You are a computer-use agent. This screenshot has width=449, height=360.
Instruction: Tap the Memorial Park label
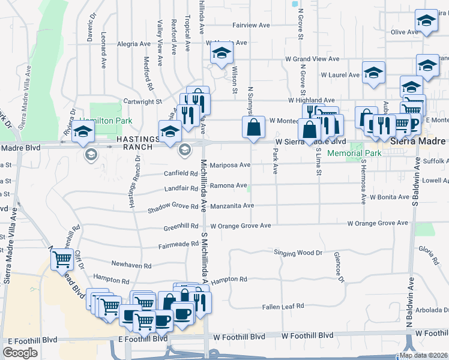pos(355,153)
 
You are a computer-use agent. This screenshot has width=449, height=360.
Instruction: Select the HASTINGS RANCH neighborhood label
pos(137,144)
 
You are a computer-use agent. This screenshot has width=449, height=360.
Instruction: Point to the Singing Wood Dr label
pos(298,253)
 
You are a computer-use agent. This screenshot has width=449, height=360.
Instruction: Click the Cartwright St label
pos(143,102)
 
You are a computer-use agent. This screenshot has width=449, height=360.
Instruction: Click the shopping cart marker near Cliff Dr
pos(62,260)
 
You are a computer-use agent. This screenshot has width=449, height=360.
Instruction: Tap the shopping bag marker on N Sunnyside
pos(253,127)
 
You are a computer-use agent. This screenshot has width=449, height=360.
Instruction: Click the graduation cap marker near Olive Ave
pos(426,22)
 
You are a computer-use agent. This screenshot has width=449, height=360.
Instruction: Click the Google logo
pos(20,353)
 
